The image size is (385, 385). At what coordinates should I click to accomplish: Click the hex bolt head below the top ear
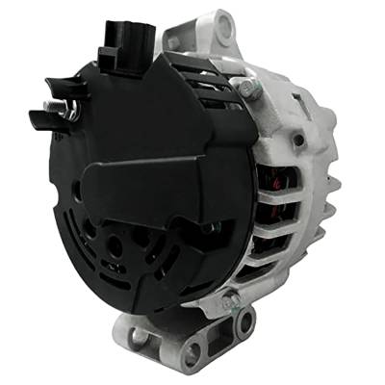pos(247,89)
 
